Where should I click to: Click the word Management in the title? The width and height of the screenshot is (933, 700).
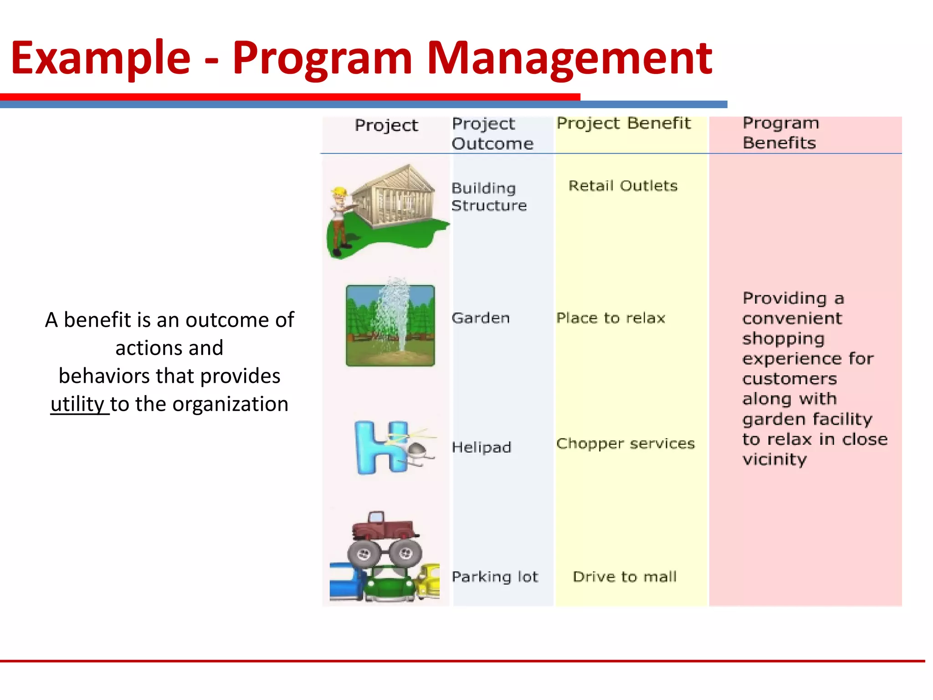569,58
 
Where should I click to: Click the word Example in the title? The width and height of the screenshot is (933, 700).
100,58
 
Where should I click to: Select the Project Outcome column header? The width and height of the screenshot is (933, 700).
492,134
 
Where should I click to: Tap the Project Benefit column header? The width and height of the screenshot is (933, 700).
623,124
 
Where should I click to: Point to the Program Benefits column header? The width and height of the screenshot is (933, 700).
780,133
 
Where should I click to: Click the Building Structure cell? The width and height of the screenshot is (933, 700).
488,197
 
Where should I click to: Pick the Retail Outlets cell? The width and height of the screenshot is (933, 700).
623,186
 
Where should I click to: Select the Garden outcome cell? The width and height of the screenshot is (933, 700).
480,318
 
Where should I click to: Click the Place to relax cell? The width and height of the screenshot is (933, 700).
610,318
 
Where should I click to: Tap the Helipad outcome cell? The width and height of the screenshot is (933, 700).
481,447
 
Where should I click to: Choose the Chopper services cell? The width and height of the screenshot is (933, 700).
625,443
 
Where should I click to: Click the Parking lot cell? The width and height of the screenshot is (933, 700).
495,576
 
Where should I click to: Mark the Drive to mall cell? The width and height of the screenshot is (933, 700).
624,576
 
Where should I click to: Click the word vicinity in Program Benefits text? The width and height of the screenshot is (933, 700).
774,459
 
